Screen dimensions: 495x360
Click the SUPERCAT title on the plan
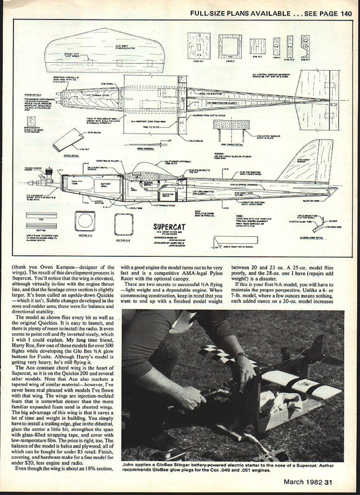tap(169, 227)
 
